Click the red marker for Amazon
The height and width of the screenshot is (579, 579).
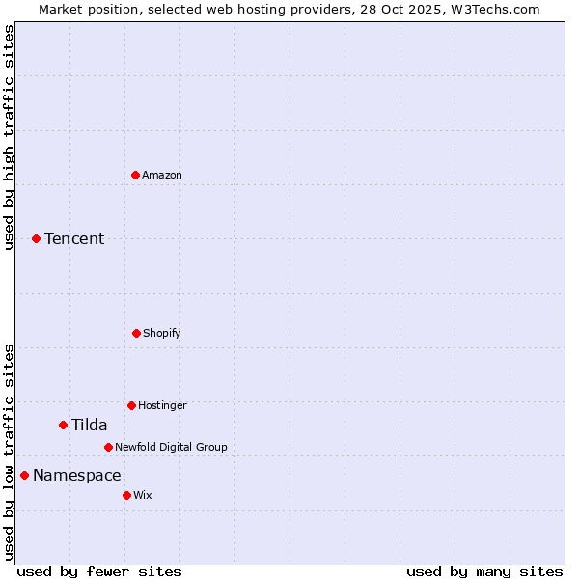click(x=135, y=175)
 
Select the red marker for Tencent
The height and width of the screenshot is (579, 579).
click(x=36, y=238)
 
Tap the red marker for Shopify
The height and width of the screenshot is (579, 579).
click(x=136, y=333)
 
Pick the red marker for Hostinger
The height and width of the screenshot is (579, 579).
click(x=131, y=405)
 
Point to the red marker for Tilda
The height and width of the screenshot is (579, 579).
click(x=63, y=425)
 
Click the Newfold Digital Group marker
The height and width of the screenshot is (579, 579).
click(x=108, y=447)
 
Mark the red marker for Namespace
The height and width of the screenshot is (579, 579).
click(x=24, y=475)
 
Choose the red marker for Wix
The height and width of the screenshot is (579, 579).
click(x=126, y=495)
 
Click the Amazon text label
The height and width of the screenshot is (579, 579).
click(x=162, y=175)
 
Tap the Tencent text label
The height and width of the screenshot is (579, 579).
click(x=74, y=238)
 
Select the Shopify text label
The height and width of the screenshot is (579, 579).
click(x=162, y=333)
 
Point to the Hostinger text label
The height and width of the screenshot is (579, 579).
click(x=162, y=405)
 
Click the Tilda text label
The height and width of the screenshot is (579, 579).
click(x=90, y=425)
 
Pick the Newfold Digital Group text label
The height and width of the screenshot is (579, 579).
click(x=171, y=447)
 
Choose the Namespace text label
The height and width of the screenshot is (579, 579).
click(x=77, y=475)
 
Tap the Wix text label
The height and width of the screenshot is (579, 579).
click(x=143, y=495)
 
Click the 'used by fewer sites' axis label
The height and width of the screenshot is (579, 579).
click(x=99, y=571)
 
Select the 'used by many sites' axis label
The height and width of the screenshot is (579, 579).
click(x=484, y=571)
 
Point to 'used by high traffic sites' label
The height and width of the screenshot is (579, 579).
click(x=9, y=137)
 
